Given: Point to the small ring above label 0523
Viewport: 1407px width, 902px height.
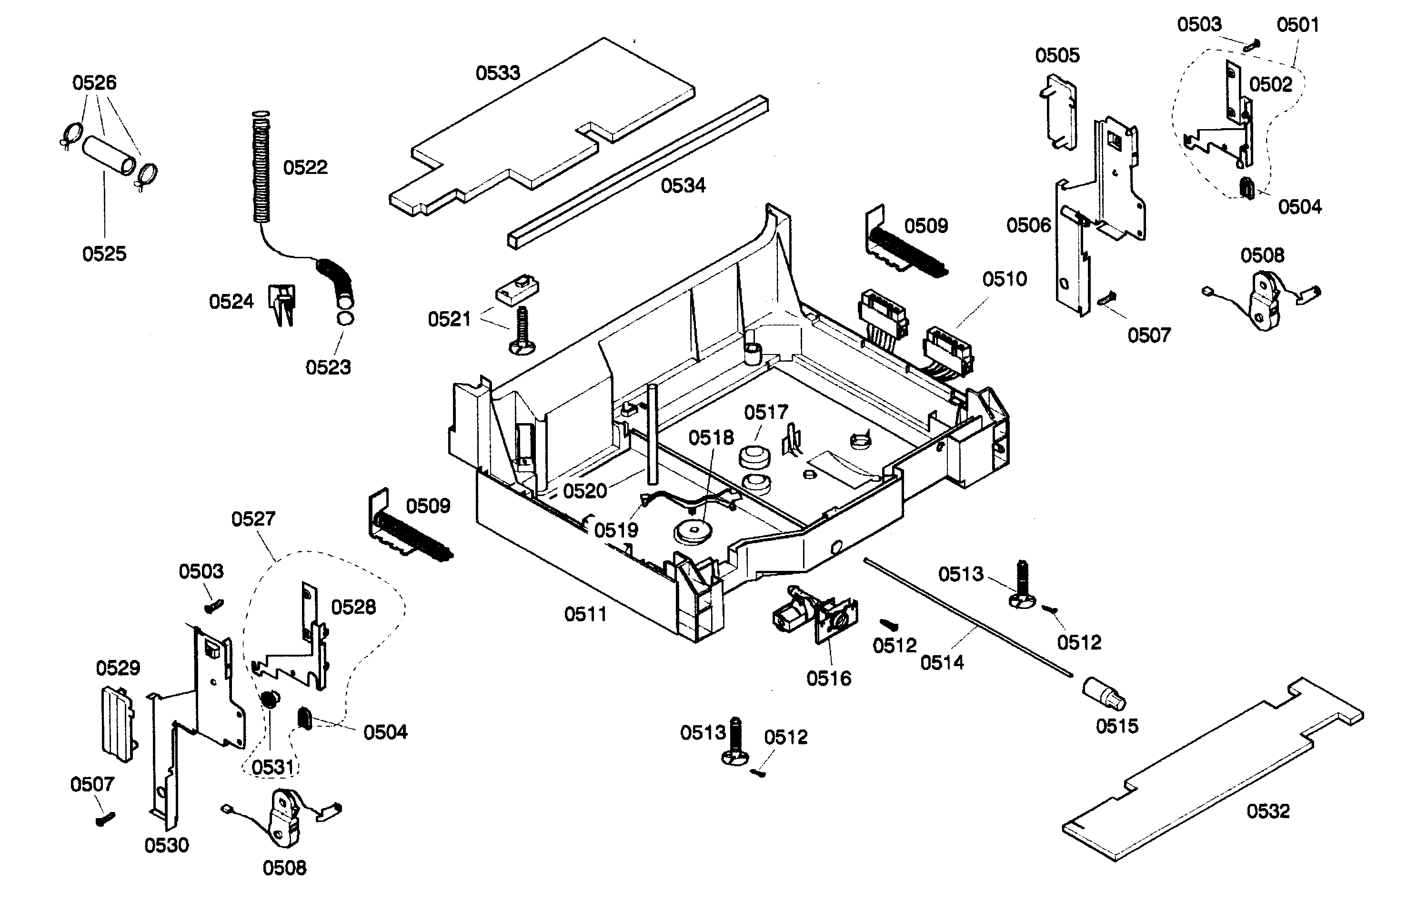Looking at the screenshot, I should point(345,319).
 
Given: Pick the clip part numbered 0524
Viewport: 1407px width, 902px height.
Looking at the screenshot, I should point(283,303).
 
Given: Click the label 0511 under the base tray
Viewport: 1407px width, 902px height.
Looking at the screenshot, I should point(585,614).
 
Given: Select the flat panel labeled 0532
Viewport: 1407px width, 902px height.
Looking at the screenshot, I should point(1212,773).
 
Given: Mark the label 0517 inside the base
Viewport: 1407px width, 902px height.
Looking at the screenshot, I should point(766,412).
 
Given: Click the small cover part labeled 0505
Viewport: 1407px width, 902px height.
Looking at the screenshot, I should point(1060,111).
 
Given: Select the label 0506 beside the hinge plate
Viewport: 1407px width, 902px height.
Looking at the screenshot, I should point(1028,225).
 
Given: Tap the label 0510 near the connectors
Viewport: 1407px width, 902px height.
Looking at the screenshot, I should point(1004,279).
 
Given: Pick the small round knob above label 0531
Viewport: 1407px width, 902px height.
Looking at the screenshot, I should point(269,699).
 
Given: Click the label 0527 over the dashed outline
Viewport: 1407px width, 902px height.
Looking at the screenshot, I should point(253,518).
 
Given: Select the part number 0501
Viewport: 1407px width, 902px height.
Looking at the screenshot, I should point(1297,25).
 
